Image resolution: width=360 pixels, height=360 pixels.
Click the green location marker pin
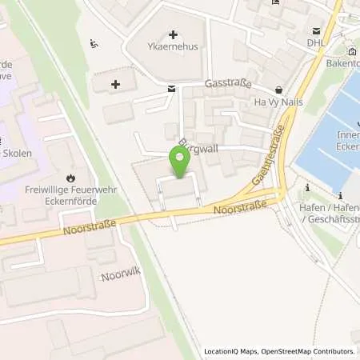tap(181, 162)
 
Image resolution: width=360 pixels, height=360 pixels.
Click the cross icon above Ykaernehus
tap(174, 34)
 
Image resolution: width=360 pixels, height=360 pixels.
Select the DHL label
tap(314, 41)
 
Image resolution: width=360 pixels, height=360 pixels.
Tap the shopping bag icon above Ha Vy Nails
tap(278, 90)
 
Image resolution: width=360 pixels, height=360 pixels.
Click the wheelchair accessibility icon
tap(94, 45)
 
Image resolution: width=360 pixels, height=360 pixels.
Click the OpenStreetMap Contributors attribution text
tap(312, 351)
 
